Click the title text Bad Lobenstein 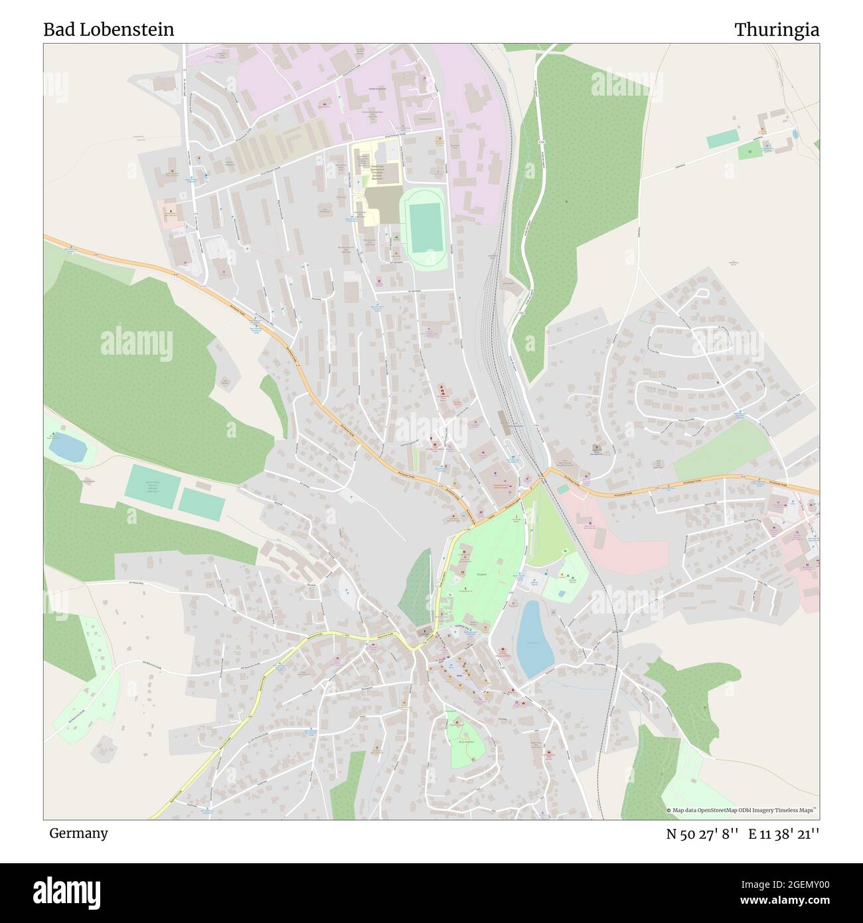109,30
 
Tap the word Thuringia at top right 776,30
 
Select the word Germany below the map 78,833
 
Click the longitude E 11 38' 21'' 783,834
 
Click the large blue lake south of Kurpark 535,637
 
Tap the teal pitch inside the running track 426,226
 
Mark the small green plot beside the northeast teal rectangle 749,151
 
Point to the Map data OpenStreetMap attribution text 742,810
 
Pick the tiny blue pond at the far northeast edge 795,134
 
